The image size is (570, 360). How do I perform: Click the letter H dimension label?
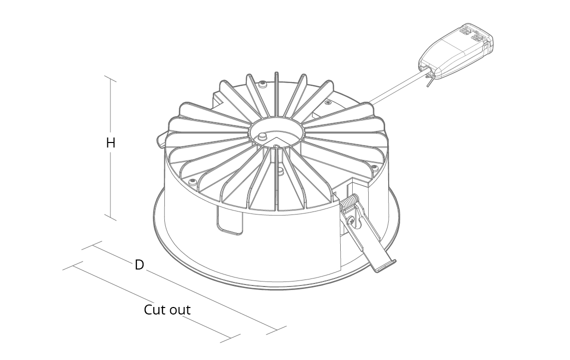110,143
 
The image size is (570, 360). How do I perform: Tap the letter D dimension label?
139,264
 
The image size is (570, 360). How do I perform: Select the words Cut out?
167,310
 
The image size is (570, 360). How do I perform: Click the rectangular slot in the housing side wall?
230,220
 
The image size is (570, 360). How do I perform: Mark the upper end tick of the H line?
110,78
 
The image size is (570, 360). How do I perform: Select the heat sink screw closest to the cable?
328,102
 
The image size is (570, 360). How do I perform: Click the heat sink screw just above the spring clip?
373,167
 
